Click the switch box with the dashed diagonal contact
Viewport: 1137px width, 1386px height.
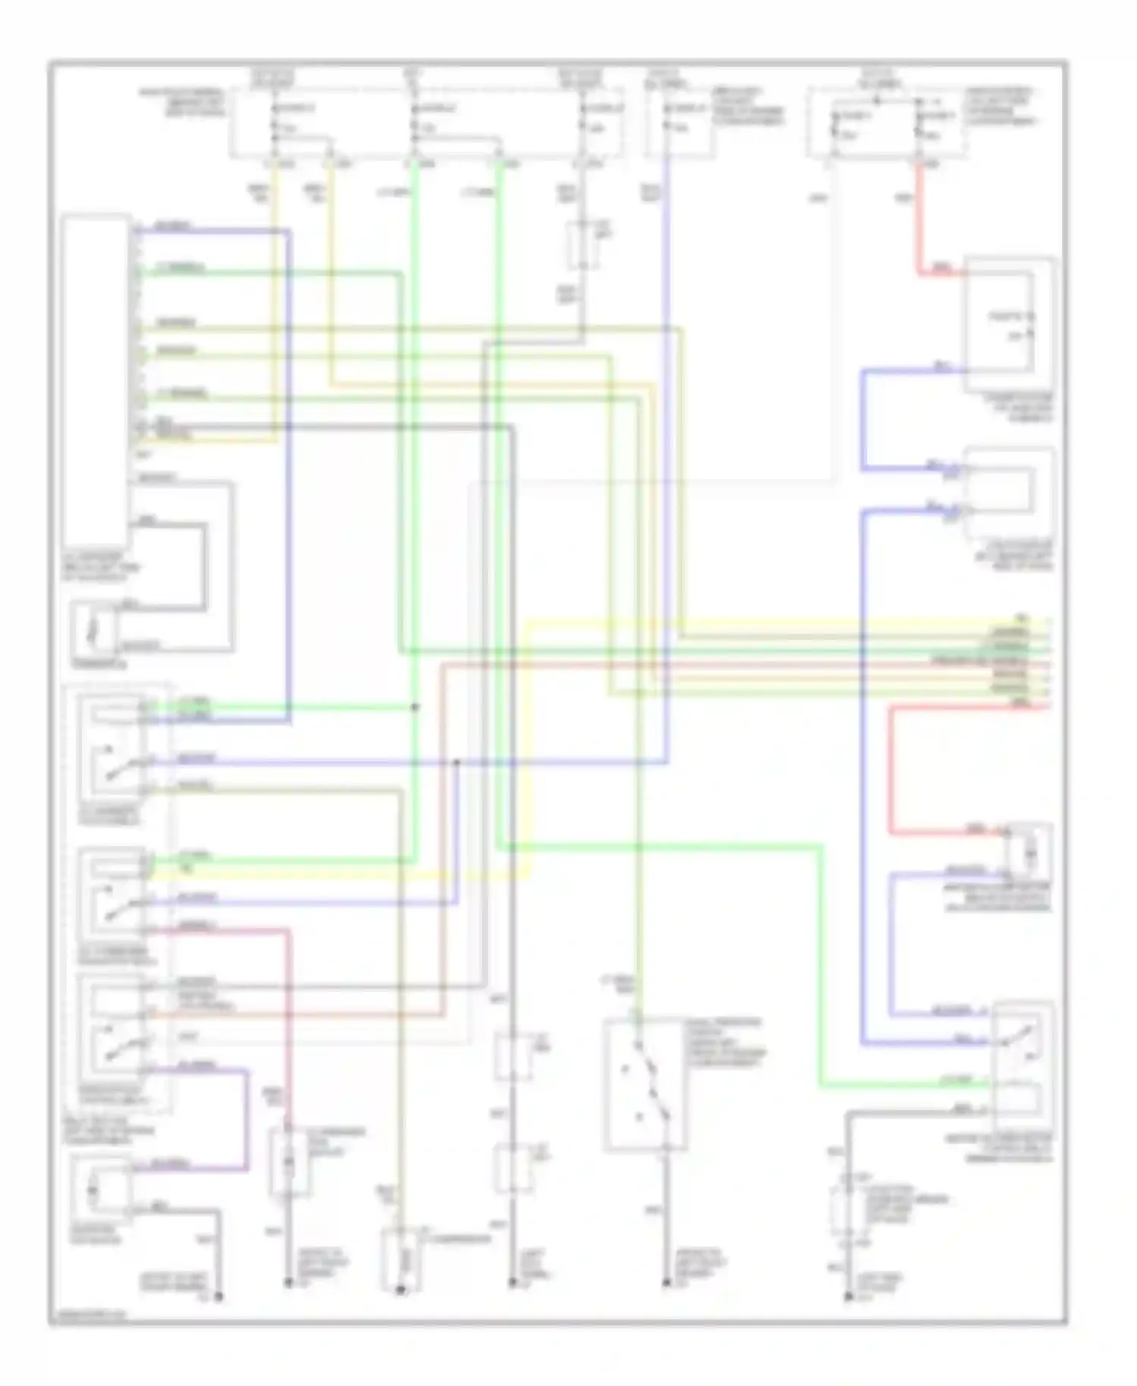(645, 1085)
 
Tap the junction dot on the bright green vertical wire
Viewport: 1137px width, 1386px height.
(415, 707)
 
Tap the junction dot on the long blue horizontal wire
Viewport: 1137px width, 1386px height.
(456, 762)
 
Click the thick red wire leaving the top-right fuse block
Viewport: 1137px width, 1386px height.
(919, 220)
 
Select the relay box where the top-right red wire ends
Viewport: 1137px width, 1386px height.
(1008, 325)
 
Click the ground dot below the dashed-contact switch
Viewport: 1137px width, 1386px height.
(666, 1283)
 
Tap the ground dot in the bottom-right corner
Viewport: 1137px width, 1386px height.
(848, 1297)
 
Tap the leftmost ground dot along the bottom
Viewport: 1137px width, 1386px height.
(219, 1297)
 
